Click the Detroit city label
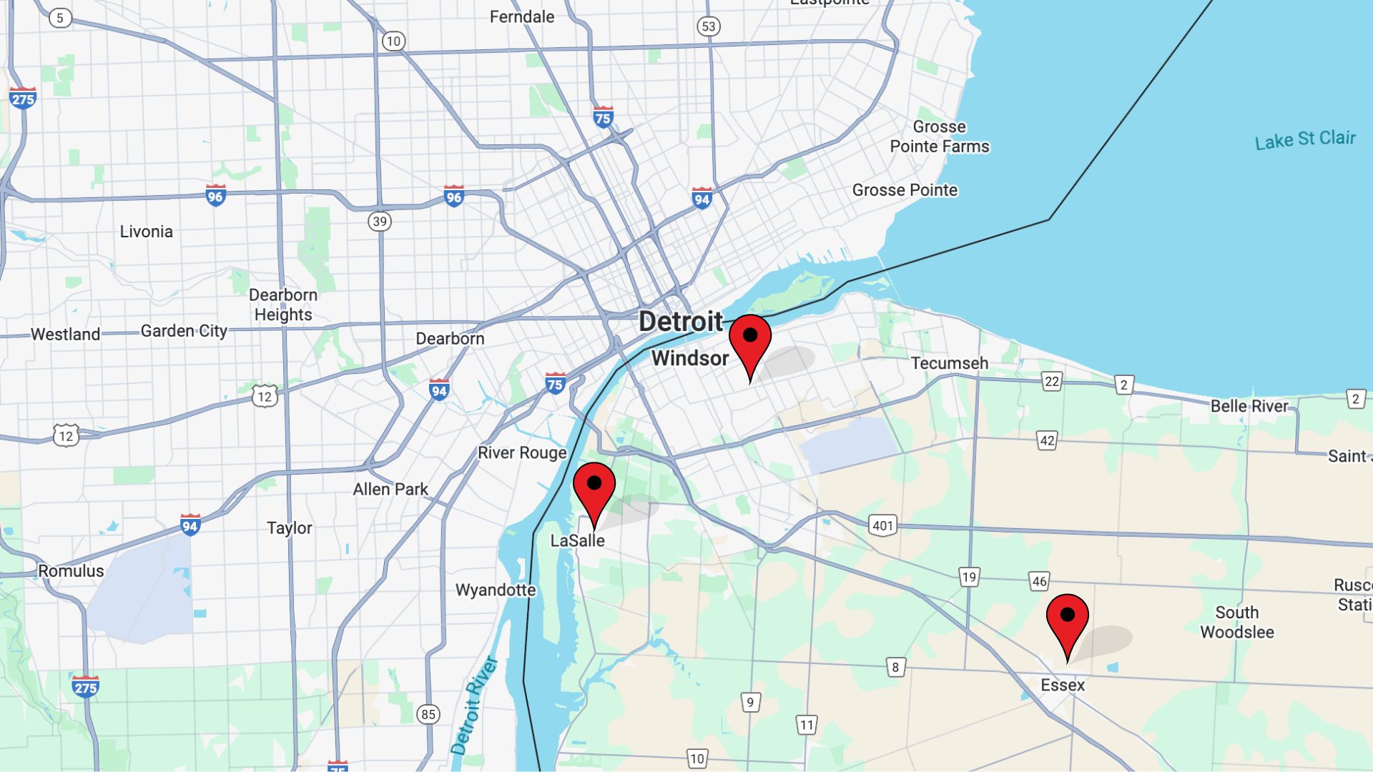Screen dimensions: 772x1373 pos(680,322)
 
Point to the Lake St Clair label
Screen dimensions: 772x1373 pos(1305,139)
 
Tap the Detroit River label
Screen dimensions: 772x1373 pos(474,705)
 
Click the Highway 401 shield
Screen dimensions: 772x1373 pos(882,525)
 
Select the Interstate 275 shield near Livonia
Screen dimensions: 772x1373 pos(23,98)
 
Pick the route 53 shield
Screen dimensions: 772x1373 pos(708,26)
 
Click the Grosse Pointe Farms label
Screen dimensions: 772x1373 pos(939,137)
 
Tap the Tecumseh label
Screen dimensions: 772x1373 pos(949,363)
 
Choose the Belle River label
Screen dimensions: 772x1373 pos(1249,406)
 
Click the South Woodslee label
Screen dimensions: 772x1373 pos(1236,622)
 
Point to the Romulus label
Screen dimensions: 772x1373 pos(71,571)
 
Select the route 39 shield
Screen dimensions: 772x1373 pos(380,221)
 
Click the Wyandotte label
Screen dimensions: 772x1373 pos(496,590)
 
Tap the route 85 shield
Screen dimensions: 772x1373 pos(428,713)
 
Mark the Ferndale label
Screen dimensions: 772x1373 pos(521,16)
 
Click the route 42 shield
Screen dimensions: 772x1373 pos(1047,440)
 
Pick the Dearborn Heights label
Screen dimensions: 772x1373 pos(283,305)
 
